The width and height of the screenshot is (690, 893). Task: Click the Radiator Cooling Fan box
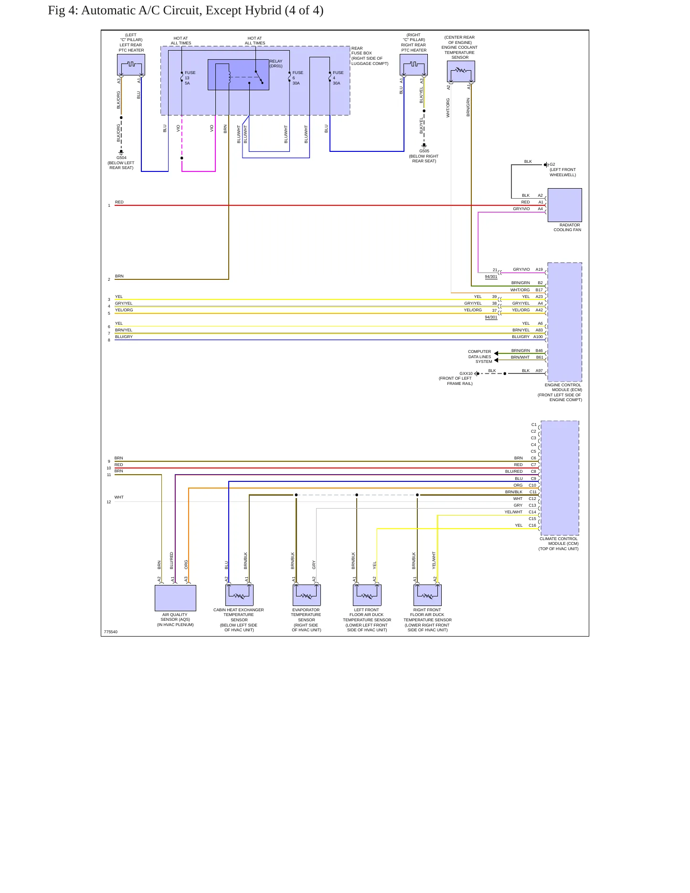[x=564, y=205]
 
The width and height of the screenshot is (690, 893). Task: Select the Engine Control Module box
[x=564, y=322]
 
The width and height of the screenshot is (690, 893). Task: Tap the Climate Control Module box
[x=560, y=478]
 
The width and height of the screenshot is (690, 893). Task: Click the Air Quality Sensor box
[x=175, y=598]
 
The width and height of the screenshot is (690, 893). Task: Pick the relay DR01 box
[x=238, y=74]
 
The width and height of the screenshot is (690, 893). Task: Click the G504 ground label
[x=121, y=158]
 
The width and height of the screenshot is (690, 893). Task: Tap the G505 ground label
[x=424, y=151]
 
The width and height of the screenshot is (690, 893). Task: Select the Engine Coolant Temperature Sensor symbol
[x=461, y=72]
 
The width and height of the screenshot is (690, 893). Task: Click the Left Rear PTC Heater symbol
[x=131, y=64]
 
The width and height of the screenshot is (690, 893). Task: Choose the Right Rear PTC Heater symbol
[x=414, y=64]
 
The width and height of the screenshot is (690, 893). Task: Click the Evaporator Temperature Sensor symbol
[x=307, y=595]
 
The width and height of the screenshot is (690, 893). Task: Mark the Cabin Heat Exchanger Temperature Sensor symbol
[x=239, y=595]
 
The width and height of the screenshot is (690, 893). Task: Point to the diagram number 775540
[x=110, y=632]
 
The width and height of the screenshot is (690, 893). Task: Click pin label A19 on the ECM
[x=539, y=269]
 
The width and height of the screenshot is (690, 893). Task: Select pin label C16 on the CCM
[x=532, y=525]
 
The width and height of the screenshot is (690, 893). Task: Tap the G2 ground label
[x=552, y=164]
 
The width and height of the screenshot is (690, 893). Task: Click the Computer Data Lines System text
[x=479, y=356]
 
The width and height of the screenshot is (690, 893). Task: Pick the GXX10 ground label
[x=466, y=373]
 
